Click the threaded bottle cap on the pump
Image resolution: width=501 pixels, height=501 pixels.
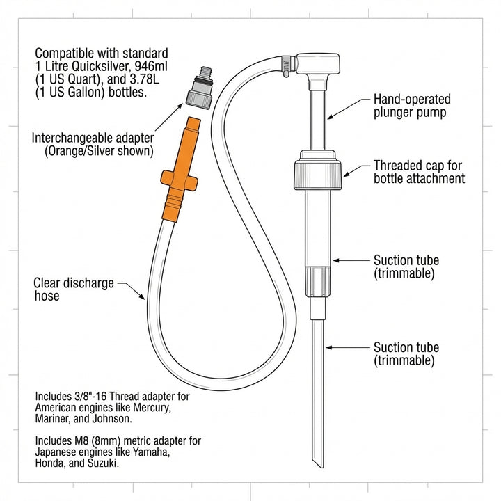(x=319, y=171)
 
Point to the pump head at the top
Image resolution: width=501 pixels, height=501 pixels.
(x=321, y=64)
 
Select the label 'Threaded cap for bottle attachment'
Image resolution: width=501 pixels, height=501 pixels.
(x=419, y=172)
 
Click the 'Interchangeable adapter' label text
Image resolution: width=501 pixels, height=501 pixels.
(x=93, y=143)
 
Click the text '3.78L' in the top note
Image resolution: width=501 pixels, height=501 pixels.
(x=135, y=80)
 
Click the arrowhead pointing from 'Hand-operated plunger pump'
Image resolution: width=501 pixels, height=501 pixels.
(x=329, y=113)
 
